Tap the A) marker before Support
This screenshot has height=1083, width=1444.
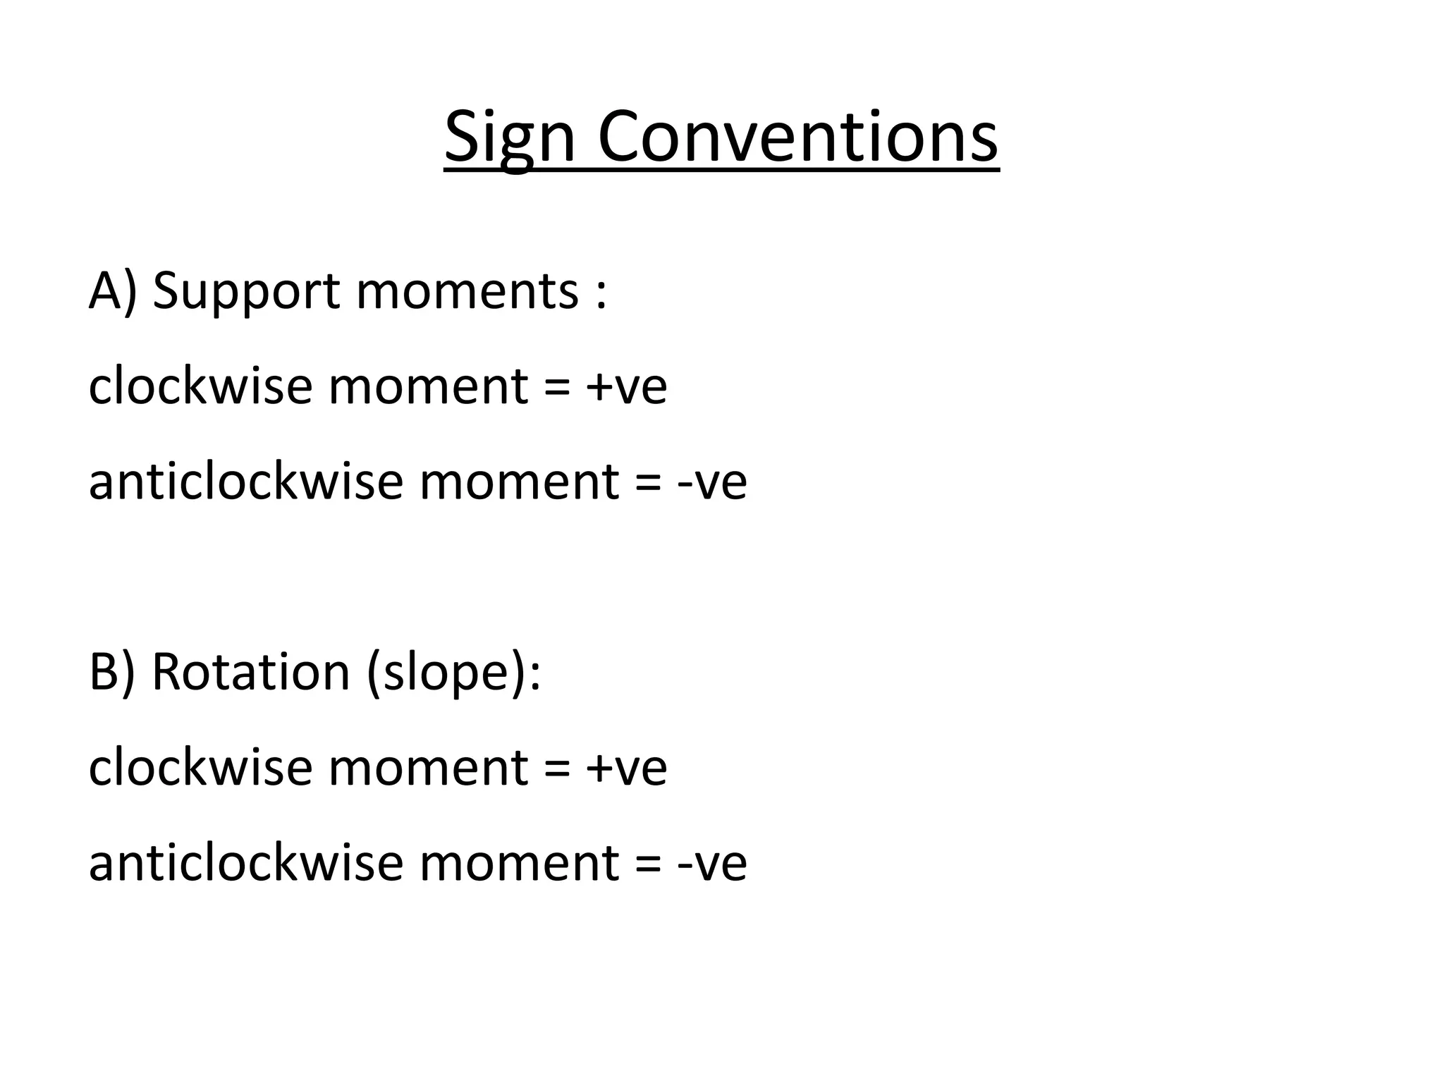click(112, 291)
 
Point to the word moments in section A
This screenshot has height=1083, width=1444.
click(467, 293)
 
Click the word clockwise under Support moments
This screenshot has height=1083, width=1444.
click(200, 386)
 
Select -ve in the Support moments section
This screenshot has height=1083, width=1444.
click(711, 484)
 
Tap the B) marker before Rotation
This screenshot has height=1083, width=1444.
click(111, 671)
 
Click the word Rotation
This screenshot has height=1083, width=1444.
click(251, 671)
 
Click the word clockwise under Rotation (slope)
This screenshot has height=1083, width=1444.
click(200, 767)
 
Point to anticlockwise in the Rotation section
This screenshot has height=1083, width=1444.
click(246, 862)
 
